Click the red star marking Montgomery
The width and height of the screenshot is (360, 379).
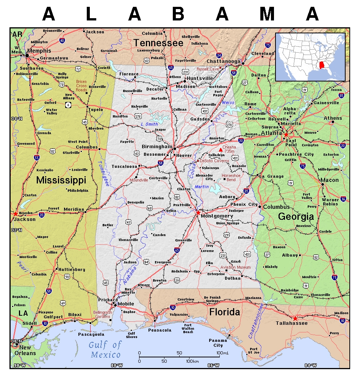pos(198,213)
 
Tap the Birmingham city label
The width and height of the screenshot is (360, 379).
pos(157,146)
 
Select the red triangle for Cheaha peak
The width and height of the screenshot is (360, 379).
pos(221,150)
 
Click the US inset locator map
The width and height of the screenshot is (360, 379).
pos(310,57)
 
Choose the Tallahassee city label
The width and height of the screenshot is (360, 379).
pos(292,323)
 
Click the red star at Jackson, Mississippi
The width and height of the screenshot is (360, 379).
pos(15,214)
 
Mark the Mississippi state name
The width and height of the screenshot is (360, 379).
pos(61,180)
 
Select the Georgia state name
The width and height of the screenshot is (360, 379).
pos(296,216)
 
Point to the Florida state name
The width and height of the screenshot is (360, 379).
pos(225,312)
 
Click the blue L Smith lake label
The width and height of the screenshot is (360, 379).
pos(149,124)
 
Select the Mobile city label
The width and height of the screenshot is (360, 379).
pos(126,304)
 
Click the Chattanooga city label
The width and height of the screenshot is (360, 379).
pos(223,61)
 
